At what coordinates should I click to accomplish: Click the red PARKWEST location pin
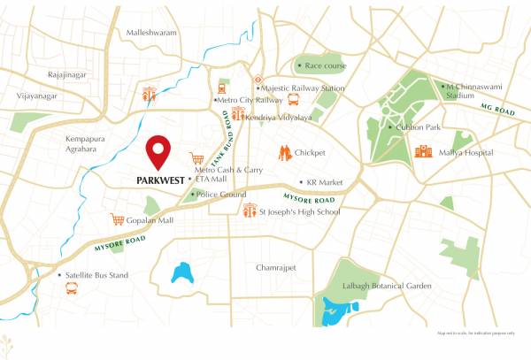click(x=159, y=151)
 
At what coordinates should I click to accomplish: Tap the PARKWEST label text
click(x=160, y=180)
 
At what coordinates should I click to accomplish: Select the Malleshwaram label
click(x=151, y=33)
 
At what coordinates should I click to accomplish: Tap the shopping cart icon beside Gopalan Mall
click(x=117, y=219)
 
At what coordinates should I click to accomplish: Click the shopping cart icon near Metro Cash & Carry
click(x=196, y=159)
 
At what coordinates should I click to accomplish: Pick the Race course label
click(x=325, y=65)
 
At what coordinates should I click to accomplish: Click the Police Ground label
click(x=220, y=194)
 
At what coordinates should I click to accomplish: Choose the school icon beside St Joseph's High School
click(x=250, y=211)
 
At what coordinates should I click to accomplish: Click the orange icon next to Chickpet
click(x=284, y=152)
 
